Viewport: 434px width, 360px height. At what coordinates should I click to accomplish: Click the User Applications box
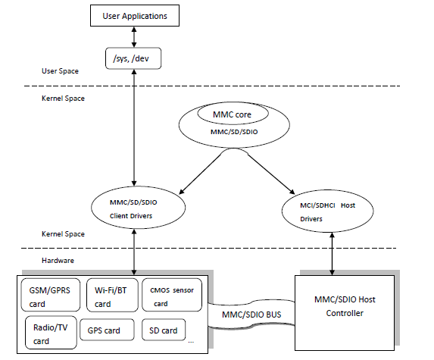134,14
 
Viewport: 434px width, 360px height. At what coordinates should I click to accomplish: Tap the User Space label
61,71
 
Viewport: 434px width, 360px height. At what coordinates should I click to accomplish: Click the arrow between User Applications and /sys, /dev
135,33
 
